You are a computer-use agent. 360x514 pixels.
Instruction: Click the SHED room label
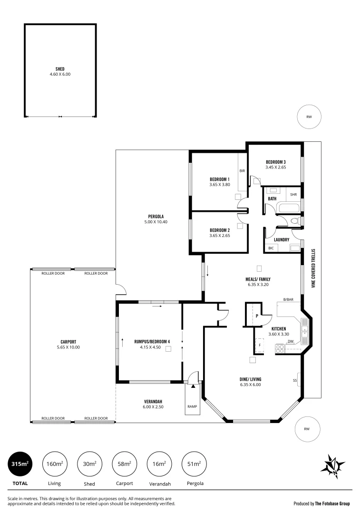click(60, 69)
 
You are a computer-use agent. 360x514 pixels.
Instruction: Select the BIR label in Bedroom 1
click(242, 171)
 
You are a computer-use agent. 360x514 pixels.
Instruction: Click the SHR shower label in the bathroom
click(293, 195)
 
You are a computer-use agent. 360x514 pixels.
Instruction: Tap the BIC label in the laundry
click(271, 248)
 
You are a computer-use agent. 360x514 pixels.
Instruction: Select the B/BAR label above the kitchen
click(288, 300)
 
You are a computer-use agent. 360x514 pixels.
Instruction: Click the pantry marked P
click(257, 316)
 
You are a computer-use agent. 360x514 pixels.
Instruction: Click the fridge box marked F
click(260, 345)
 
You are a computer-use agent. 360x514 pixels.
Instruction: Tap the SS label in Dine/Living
click(295, 380)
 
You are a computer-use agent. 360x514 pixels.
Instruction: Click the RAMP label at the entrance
click(193, 406)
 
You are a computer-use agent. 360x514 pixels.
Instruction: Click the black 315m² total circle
click(20, 463)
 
